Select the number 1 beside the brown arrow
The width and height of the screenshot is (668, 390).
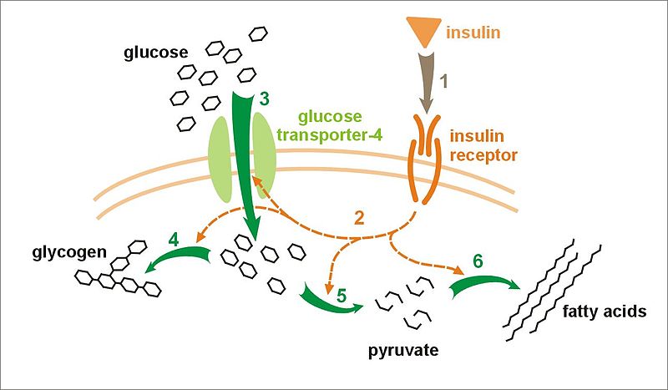[444, 82]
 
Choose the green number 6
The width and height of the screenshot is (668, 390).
[478, 261]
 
